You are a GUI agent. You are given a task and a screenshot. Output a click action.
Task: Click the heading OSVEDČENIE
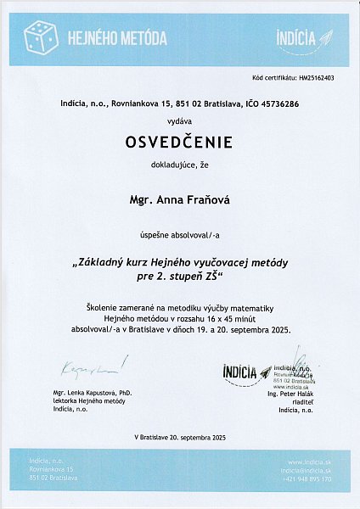179,141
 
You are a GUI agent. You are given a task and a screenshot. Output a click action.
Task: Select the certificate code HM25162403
317,77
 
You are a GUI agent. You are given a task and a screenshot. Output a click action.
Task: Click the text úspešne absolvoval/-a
179,232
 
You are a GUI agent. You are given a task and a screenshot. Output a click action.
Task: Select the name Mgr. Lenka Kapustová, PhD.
93,394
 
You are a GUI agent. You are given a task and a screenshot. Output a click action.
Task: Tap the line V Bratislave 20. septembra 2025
179,436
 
